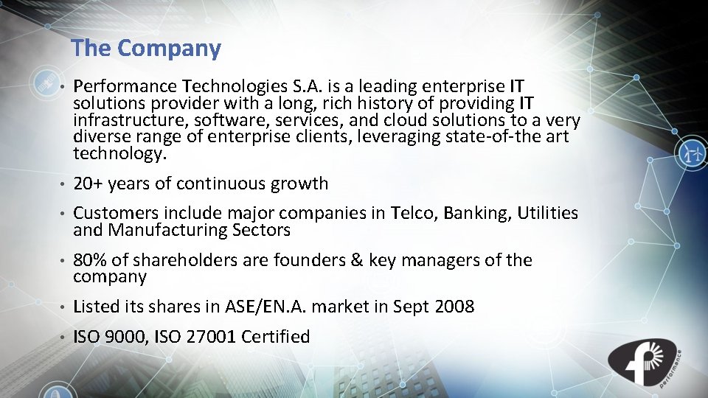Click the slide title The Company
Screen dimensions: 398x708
pyautogui.click(x=146, y=49)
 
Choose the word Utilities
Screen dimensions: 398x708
pyautogui.click(x=548, y=214)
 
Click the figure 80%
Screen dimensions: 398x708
pyautogui.click(x=89, y=260)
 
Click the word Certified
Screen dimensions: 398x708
pyautogui.click(x=276, y=337)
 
